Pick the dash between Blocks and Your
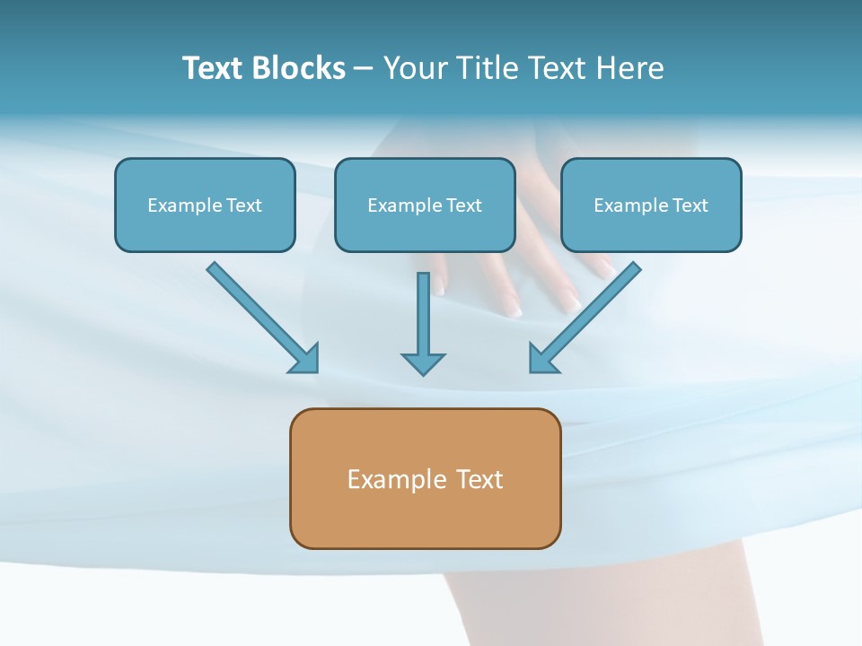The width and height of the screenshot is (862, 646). tap(364, 69)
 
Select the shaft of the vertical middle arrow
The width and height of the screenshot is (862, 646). tap(423, 310)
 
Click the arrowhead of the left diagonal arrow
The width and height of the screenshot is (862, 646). tap(305, 359)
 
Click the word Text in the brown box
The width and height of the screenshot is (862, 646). tap(479, 479)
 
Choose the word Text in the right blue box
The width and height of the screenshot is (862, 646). tap(690, 205)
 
